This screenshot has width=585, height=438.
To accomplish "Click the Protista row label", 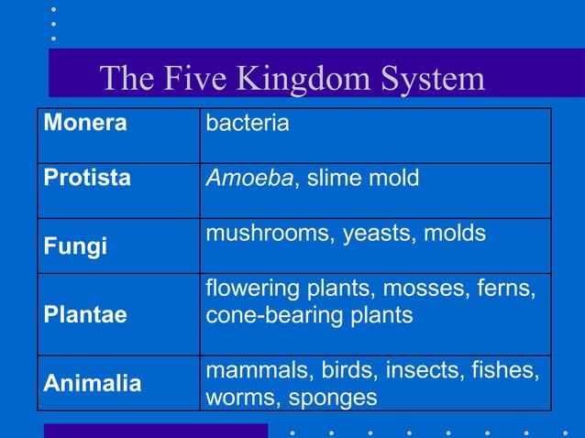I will (87, 178).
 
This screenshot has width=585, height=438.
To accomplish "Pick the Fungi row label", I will (75, 246).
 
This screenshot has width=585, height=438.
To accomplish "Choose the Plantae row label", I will (85, 315).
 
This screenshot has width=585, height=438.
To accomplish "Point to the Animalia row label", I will (93, 384).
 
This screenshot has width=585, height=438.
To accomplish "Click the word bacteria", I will (247, 123).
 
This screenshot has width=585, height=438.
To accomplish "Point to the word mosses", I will (416, 289).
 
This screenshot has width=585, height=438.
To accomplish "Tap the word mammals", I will (259, 371).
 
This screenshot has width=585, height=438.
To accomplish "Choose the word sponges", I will (333, 398).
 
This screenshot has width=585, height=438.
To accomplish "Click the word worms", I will (242, 398).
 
